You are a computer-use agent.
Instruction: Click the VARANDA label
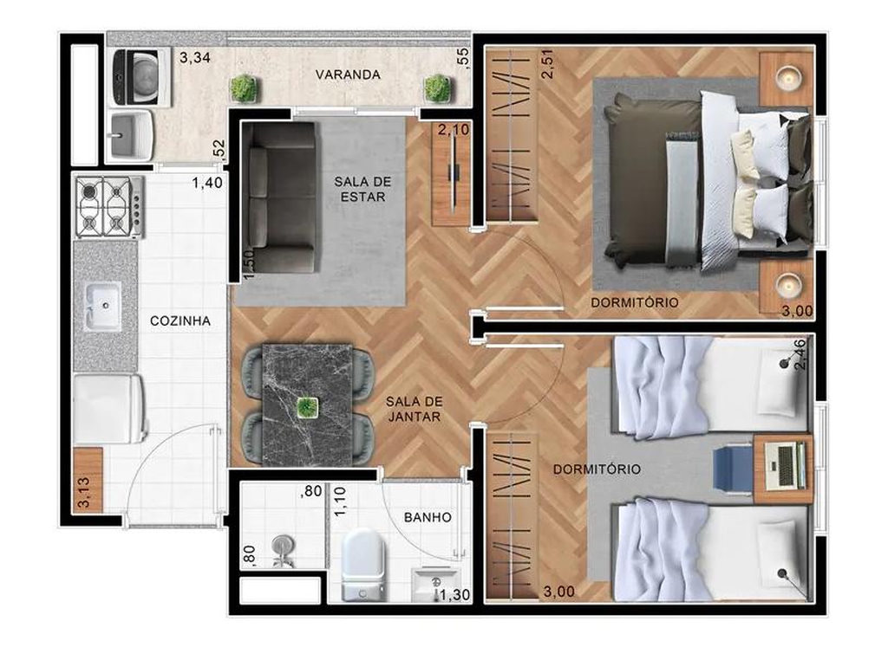pyautogui.click(x=348, y=74)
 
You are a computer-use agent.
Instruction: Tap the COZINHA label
pyautogui.click(x=180, y=320)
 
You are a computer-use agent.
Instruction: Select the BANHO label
pyautogui.click(x=428, y=517)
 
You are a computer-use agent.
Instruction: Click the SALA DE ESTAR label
pyautogui.click(x=362, y=189)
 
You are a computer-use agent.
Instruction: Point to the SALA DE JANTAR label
pyautogui.click(x=414, y=409)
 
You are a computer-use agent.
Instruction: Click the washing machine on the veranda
pyautogui.click(x=141, y=76)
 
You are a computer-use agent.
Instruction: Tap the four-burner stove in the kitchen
pyautogui.click(x=110, y=206)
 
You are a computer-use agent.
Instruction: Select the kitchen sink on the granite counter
pyautogui.click(x=103, y=306)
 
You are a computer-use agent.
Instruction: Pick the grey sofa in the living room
pyautogui.click(x=278, y=197)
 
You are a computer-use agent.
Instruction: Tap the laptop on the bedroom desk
pyautogui.click(x=785, y=465)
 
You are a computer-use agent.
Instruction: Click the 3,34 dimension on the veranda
pyautogui.click(x=195, y=57)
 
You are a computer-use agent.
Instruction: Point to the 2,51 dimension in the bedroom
pyautogui.click(x=548, y=64)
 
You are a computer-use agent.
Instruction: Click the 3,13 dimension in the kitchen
pyautogui.click(x=83, y=493)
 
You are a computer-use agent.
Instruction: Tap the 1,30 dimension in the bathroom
pyautogui.click(x=455, y=595)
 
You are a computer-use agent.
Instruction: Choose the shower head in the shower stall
pyautogui.click(x=283, y=547)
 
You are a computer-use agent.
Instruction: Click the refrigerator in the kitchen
pyautogui.click(x=110, y=408)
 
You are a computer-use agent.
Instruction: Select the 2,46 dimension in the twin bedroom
pyautogui.click(x=801, y=354)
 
